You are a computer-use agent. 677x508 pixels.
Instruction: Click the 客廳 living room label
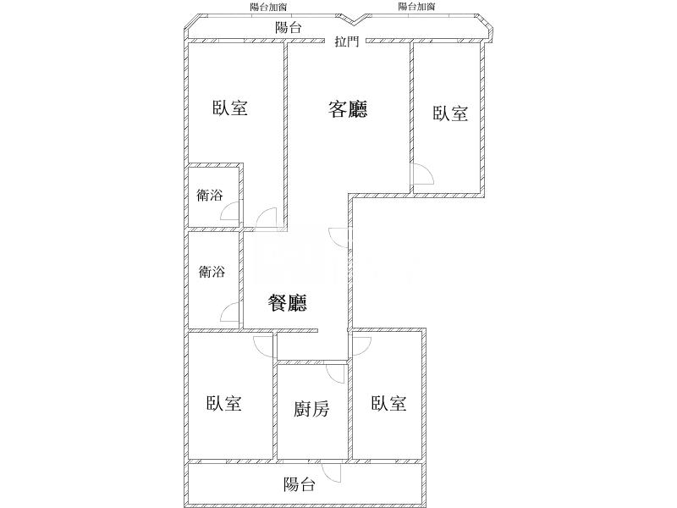point(347,109)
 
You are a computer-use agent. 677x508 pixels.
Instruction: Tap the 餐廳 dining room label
point(287,303)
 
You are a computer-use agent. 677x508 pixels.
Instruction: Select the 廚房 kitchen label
point(311,410)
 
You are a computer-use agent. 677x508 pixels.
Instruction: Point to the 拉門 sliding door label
point(345,41)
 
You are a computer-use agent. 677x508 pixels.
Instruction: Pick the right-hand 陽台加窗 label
point(416,7)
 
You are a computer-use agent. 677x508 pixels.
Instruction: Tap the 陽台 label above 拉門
point(289,27)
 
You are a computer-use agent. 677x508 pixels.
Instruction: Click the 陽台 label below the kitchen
point(300,484)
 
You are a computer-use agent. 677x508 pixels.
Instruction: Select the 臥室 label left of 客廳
point(229,108)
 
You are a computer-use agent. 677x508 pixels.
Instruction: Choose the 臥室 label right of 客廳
point(450,113)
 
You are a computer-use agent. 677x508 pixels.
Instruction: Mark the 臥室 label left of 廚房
point(224,404)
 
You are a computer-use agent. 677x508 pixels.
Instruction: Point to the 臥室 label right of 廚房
point(388,404)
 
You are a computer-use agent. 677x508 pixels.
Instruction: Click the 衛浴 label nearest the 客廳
point(210,196)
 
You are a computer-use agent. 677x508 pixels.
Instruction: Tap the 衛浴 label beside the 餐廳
point(212,273)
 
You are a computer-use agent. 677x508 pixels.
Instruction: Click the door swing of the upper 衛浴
point(230,213)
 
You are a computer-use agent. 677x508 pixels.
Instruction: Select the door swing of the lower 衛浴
point(230,312)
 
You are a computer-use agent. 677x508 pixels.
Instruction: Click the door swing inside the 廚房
point(337,373)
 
